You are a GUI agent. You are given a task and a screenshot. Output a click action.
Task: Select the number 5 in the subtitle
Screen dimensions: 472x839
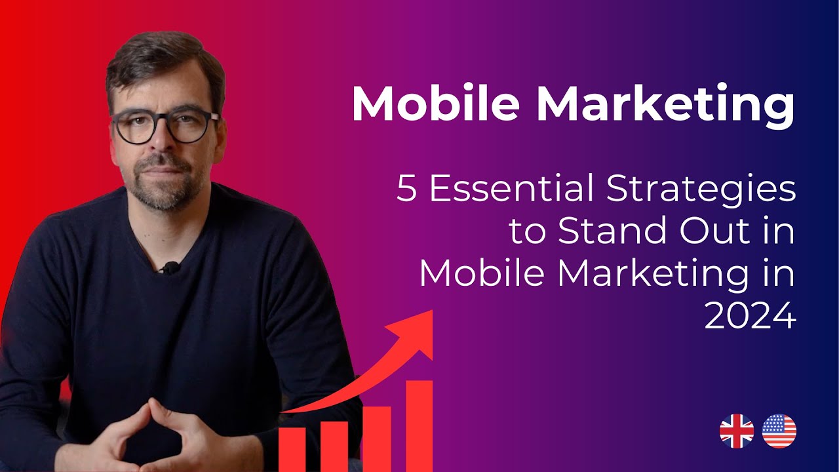[x=406, y=190]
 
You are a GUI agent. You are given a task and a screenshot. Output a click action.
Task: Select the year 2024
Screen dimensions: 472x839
[x=750, y=317]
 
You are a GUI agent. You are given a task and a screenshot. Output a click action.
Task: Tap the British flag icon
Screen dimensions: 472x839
[x=737, y=431]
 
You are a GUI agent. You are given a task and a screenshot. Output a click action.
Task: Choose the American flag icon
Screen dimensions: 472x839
[x=779, y=431]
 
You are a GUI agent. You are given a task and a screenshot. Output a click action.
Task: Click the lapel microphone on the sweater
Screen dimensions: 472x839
[x=170, y=267]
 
